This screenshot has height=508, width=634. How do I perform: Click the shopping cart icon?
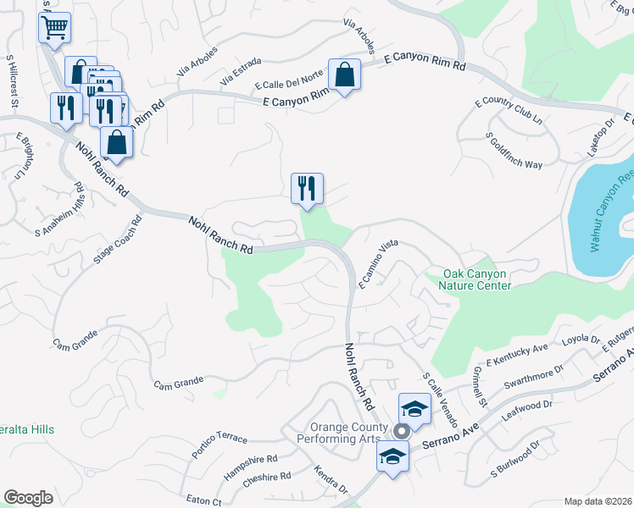[x=54, y=27]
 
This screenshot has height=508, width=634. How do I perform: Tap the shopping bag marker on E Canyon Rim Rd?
[x=344, y=75]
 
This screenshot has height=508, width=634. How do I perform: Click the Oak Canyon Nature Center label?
[x=478, y=279]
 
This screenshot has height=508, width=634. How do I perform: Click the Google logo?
[x=28, y=498]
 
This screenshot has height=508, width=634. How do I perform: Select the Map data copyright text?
[x=598, y=501]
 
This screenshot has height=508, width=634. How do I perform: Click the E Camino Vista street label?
[x=377, y=264]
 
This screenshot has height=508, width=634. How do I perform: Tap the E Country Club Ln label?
[x=509, y=110]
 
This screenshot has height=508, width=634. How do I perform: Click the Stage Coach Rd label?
[x=119, y=238]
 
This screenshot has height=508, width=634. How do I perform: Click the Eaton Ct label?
[x=204, y=501]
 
